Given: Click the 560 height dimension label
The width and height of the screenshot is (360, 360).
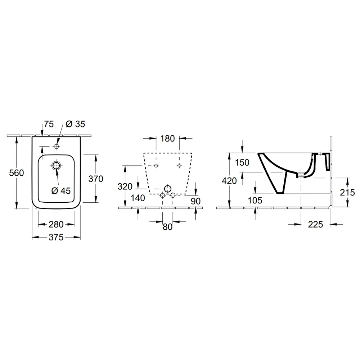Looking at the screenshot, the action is [x=17, y=173].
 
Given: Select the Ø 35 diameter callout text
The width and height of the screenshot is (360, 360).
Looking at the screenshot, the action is [x=75, y=124].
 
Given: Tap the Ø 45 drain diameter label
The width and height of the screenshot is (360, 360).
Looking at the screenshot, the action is [x=61, y=190].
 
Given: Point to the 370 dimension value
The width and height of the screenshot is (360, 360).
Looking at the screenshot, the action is [x=96, y=179].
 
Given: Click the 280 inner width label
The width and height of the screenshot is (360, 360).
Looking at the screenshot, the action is [x=56, y=224].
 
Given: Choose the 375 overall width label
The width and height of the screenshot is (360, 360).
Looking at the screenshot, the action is [x=56, y=237].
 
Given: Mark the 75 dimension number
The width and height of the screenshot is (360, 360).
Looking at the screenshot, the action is [x=49, y=124].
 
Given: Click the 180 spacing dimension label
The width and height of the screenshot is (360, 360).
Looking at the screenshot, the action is [x=167, y=139].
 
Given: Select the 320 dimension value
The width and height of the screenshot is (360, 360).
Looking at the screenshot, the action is [x=125, y=186].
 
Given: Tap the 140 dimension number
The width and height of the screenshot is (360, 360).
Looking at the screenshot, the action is [x=138, y=198].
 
